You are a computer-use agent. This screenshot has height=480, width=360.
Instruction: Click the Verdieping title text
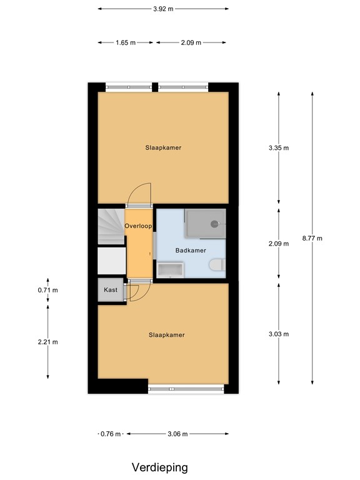coord(159,467)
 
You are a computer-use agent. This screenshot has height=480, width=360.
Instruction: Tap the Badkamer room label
coord(190,251)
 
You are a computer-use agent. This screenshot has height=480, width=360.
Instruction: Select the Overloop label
coord(139,226)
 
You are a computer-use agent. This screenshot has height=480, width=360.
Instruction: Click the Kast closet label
coord(111,290)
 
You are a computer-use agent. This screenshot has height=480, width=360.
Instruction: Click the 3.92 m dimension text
coord(163,9)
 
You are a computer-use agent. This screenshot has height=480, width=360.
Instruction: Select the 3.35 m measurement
coord(278,148)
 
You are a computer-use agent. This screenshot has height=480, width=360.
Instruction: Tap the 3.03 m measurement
coord(278,334)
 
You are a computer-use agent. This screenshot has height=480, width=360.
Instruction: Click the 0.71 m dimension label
coord(48,290)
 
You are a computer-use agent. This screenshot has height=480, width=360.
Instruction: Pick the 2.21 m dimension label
coord(48,342)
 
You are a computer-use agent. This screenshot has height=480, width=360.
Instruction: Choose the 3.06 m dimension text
coord(177,434)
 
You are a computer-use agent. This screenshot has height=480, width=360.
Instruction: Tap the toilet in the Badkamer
coord(217,266)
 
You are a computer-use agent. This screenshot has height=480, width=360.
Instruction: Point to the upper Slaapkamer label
coord(163,148)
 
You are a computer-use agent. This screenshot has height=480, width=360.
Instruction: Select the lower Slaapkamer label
coord(166,335)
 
